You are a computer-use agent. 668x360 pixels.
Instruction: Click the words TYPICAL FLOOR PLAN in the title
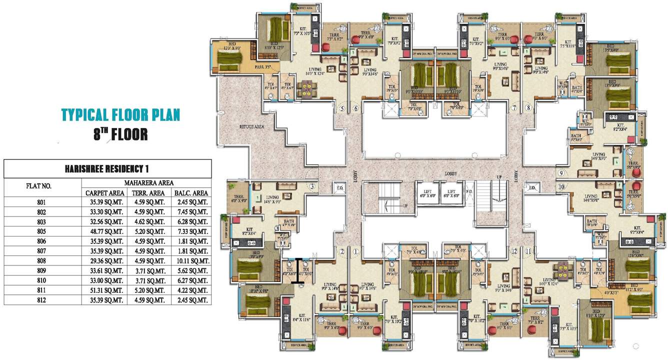120,114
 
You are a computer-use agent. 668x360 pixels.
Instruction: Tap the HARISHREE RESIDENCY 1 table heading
107,169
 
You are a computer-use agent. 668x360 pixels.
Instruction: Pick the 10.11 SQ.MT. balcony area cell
190,261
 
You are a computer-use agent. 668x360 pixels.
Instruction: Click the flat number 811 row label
41,290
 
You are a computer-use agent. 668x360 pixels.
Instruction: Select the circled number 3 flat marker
312,187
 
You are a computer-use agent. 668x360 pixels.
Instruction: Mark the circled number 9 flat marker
561,173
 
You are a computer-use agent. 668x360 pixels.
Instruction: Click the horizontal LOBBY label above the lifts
452,174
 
